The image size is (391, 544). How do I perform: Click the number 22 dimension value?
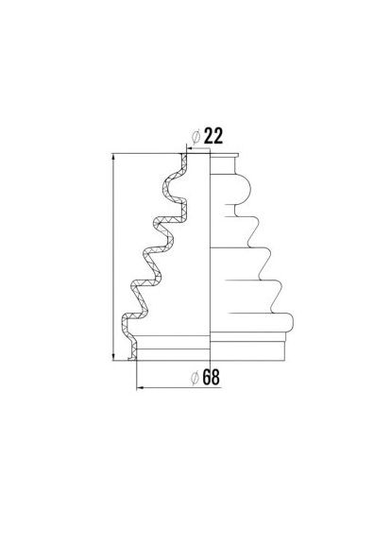pyautogui.click(x=213, y=136)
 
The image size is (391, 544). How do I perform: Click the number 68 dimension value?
pyautogui.click(x=211, y=377)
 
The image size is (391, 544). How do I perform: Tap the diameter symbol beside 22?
pyautogui.click(x=196, y=137)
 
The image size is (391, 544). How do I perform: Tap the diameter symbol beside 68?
pyautogui.click(x=195, y=378)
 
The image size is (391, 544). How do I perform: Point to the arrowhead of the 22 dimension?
pyautogui.click(x=190, y=149)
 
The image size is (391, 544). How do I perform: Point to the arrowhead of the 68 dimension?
pyautogui.click(x=140, y=387)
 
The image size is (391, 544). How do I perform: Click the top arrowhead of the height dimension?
pyautogui.click(x=113, y=157)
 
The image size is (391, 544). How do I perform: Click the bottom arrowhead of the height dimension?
pyautogui.click(x=113, y=357)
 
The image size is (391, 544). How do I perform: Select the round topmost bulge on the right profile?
pyautogui.click(x=242, y=188)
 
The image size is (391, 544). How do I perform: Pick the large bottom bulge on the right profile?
pyautogui.click(x=281, y=322)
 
